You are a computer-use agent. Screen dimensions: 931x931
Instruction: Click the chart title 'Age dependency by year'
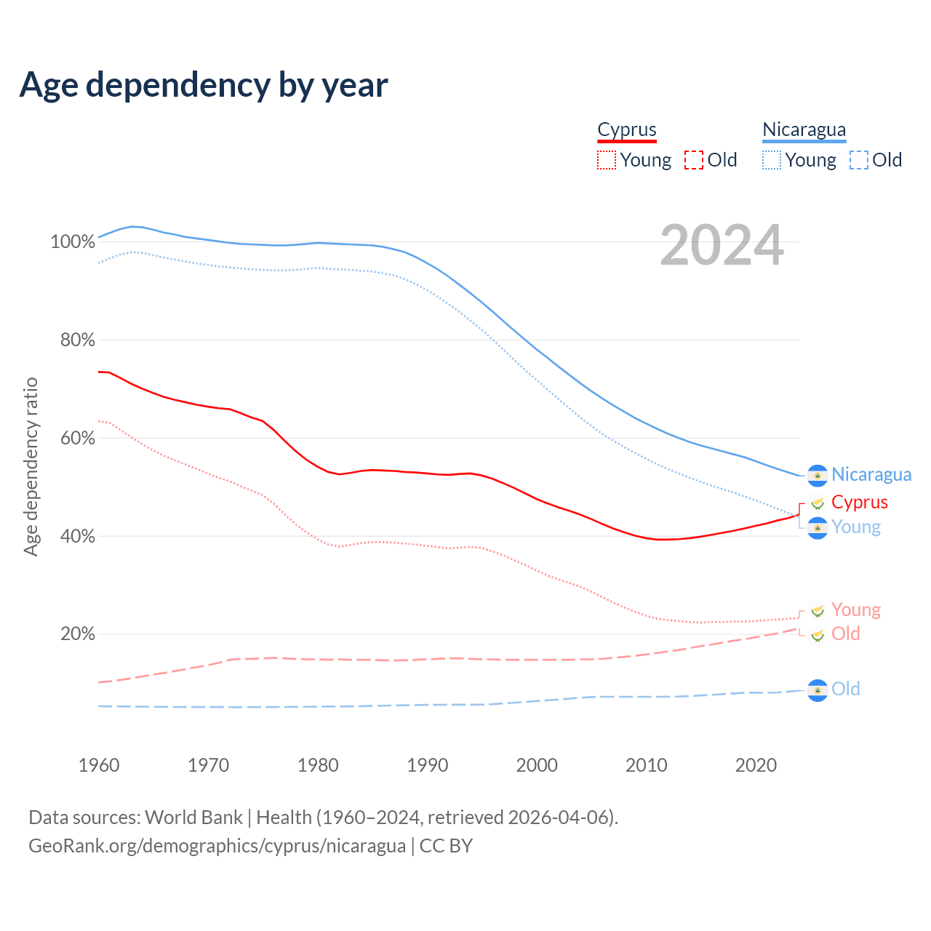click(204, 85)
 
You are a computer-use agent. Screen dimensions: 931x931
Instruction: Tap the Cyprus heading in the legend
click(626, 129)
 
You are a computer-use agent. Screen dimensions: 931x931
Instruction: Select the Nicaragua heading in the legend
click(804, 129)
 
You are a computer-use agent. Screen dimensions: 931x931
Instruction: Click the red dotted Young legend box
click(607, 160)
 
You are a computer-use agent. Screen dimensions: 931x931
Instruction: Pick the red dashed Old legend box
click(694, 160)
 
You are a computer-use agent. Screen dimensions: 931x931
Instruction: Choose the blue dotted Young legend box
click(772, 160)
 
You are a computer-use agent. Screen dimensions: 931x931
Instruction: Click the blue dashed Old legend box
click(859, 160)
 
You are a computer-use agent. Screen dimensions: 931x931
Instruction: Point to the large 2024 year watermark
click(722, 246)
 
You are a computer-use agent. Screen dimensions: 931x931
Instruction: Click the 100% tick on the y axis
click(73, 241)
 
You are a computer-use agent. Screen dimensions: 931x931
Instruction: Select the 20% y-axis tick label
click(76, 634)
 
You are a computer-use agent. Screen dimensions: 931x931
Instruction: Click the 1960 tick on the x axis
click(99, 765)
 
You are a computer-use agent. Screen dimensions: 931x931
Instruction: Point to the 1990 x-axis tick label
click(428, 765)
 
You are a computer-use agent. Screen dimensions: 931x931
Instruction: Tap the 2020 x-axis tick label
click(756, 765)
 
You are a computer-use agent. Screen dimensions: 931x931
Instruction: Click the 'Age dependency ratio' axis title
click(31, 466)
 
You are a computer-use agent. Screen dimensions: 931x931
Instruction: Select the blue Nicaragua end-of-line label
click(871, 475)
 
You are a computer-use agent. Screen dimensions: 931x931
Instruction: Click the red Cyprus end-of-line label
click(859, 502)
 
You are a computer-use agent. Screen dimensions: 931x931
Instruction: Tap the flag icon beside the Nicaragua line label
click(818, 475)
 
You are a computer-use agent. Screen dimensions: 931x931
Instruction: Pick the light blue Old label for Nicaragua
click(845, 689)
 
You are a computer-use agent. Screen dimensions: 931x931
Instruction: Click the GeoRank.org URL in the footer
click(217, 846)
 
